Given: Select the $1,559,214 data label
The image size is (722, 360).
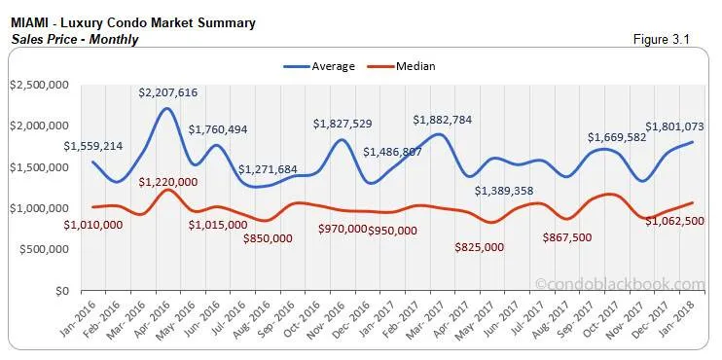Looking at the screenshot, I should (x=94, y=146).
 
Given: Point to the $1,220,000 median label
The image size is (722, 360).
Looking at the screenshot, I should (x=168, y=181).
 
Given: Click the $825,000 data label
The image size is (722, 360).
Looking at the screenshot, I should (x=480, y=247).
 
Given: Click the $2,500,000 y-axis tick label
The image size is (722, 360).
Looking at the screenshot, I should (x=39, y=86).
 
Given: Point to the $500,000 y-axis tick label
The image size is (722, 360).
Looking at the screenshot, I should (x=43, y=249).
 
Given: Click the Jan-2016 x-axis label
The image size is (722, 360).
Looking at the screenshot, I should (x=71, y=314).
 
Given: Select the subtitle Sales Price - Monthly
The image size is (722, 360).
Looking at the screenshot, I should (x=75, y=39).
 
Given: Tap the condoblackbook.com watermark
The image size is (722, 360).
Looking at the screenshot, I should (x=620, y=284).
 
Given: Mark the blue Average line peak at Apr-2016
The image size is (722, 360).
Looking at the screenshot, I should (x=167, y=108).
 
